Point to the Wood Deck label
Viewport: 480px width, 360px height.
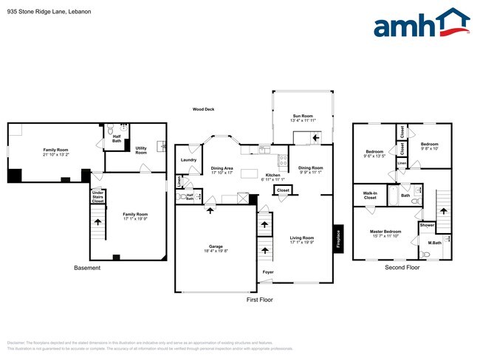[x=203, y=109]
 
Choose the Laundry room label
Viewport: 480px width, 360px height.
[x=187, y=160]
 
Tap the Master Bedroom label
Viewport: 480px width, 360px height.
[x=385, y=232]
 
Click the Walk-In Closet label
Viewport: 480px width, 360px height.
[x=369, y=195]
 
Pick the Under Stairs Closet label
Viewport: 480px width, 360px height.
[x=97, y=197]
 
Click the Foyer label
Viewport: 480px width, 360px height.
[x=267, y=272]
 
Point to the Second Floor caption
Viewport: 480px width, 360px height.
[x=402, y=267]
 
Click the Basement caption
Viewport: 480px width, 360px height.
[x=87, y=267]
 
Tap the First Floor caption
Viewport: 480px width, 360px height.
[x=260, y=300]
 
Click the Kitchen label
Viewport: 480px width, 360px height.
[x=273, y=176]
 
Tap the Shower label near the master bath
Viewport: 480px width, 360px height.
[x=428, y=225]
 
